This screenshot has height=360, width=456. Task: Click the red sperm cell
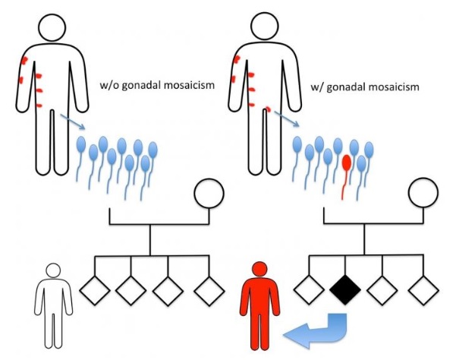click(x=346, y=164)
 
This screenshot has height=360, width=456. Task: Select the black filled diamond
click(x=345, y=290)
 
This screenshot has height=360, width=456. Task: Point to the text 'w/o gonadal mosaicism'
click(x=157, y=85)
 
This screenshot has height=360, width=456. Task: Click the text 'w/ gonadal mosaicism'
click(x=365, y=87)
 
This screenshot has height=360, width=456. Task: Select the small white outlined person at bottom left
click(x=54, y=305)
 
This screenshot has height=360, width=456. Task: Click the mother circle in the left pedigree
click(x=209, y=193)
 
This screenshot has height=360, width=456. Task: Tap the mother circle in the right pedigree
click(x=423, y=192)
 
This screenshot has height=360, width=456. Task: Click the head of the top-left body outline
click(x=52, y=27)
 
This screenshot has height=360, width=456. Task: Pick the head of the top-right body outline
click(x=265, y=27)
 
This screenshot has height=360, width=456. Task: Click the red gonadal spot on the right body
click(x=268, y=109)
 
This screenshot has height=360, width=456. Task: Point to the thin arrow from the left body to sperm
click(x=72, y=122)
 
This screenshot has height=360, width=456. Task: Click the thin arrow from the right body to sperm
click(x=287, y=118)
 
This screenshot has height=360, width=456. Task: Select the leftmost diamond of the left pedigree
click(x=95, y=290)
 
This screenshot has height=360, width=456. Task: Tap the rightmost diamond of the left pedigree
click(x=209, y=291)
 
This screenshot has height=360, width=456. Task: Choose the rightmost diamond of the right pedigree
click(x=423, y=290)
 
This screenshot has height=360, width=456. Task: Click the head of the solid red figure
click(x=260, y=269)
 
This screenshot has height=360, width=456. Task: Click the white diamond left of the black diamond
click(x=309, y=290)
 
